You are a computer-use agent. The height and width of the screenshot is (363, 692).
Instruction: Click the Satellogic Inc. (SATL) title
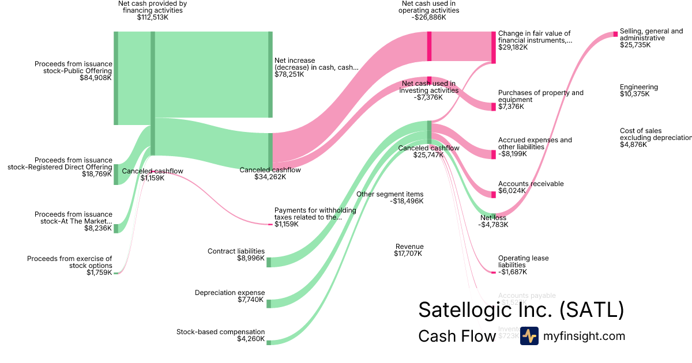521,309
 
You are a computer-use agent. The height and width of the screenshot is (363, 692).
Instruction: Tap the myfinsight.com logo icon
529,336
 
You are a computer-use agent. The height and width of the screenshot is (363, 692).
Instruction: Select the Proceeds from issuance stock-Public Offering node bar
116,78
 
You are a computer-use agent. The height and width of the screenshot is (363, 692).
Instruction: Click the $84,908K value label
96,77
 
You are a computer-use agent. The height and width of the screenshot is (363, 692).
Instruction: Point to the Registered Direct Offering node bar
116,174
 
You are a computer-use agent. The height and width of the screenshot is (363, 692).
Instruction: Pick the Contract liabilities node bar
269,262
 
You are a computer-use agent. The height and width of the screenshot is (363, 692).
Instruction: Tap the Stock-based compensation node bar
269,342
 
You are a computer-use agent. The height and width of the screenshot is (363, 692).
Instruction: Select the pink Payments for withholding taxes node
270,224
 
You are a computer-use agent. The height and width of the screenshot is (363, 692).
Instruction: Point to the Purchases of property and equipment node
493,107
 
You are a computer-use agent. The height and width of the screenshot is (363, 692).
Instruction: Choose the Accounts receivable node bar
493,194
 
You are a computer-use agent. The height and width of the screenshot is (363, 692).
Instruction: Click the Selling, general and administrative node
615,34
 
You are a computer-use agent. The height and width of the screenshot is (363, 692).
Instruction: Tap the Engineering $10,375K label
638,90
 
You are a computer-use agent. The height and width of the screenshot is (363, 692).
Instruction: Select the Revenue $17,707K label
409,249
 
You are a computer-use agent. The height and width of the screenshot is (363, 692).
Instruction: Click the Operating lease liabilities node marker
493,272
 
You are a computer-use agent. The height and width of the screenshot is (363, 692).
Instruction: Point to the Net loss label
493,218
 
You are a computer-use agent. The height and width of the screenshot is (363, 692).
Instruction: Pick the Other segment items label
390,194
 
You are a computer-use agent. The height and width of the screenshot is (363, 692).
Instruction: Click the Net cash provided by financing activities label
152,10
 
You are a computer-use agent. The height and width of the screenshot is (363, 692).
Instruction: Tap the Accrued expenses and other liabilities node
493,154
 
